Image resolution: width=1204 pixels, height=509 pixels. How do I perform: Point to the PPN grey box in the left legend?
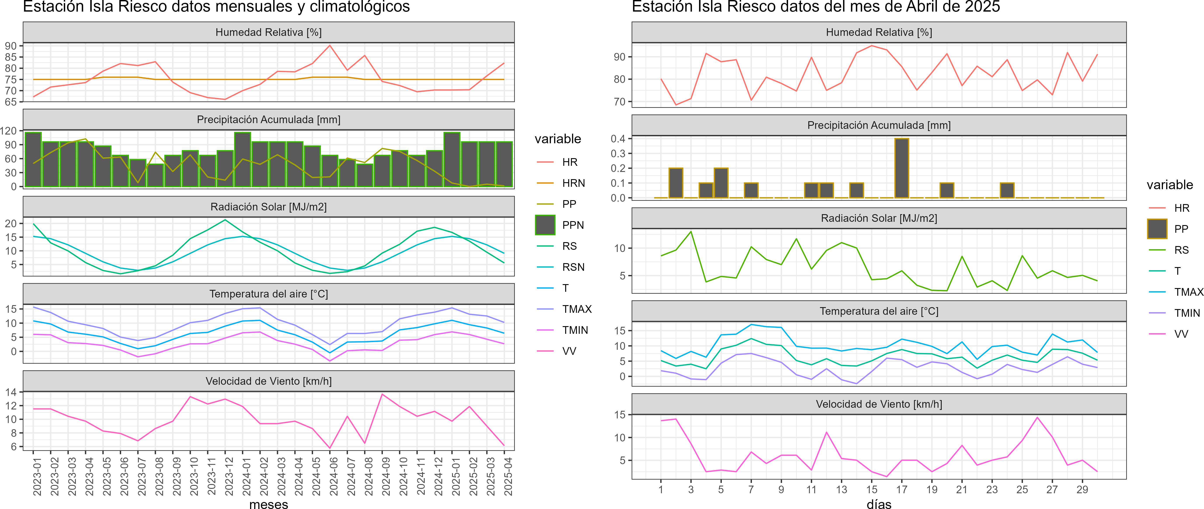[545, 225]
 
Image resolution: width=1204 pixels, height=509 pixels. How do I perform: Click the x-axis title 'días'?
[879, 504]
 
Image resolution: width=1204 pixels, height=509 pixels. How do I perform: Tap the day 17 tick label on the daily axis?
[902, 489]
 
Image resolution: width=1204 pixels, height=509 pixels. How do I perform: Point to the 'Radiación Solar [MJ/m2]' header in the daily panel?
[879, 218]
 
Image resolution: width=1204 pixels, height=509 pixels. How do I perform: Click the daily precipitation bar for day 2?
[676, 183]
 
